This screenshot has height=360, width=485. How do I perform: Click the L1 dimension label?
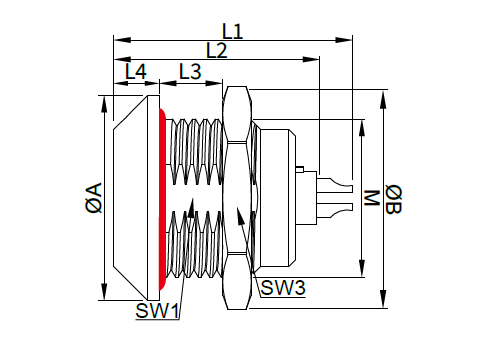tap(233, 32)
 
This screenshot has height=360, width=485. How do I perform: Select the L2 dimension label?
tap(217, 51)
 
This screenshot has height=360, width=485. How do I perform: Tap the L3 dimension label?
tap(190, 71)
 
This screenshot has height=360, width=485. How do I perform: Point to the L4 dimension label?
tap(136, 71)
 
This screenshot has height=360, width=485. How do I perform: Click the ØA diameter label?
tap(94, 197)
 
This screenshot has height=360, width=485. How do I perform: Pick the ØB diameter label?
tap(394, 199)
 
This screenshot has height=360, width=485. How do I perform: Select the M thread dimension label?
tap(372, 198)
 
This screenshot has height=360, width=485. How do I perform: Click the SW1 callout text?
tap(157, 311)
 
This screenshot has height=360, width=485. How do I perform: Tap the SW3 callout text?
tap(283, 287)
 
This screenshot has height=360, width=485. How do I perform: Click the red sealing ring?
tap(162, 199)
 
